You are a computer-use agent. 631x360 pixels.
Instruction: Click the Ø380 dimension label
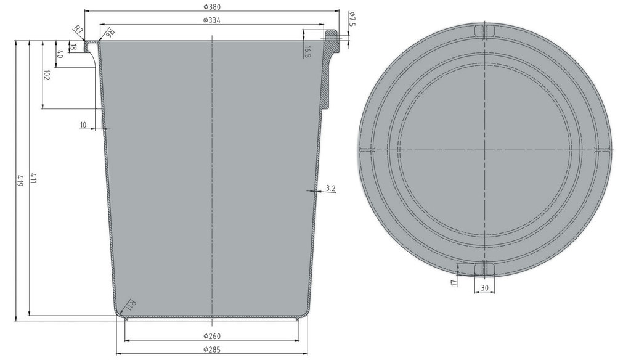pos(211,7)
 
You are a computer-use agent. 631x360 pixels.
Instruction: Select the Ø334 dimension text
pos(211,20)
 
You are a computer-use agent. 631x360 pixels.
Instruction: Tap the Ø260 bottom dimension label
pos(211,336)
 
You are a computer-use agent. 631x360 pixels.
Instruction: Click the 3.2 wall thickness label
pos(330,188)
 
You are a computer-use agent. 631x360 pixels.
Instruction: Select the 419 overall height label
pos(20,180)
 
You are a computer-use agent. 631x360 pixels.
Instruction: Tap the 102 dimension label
pos(47,75)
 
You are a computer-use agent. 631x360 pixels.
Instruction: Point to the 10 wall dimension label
pos(83,125)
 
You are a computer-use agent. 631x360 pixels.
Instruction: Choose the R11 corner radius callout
pos(131,305)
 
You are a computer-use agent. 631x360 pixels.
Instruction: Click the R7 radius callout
pos(78,30)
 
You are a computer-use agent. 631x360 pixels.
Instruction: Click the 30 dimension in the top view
pos(484,287)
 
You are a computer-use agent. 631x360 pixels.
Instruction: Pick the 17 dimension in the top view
pos(454,282)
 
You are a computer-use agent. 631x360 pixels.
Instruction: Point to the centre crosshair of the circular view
pos(485,150)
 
